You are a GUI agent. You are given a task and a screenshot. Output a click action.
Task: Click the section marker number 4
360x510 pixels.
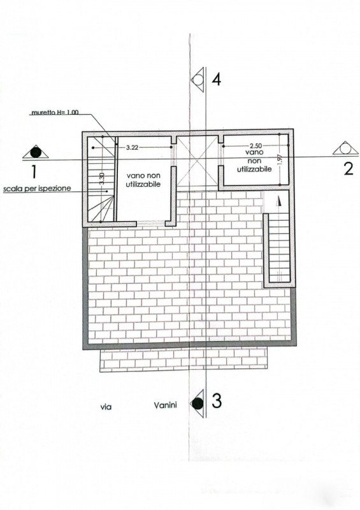coord(217,79)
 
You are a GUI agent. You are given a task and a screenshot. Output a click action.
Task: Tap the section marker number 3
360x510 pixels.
coord(217,401)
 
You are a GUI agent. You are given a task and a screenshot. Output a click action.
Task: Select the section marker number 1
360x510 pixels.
coord(34,171)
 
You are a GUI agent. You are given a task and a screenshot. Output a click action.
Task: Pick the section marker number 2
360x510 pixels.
coord(349,169)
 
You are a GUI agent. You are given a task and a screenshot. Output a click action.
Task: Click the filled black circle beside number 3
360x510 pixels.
coord(197,404)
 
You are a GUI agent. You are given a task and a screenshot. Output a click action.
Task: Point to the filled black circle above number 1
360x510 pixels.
coord(36,152)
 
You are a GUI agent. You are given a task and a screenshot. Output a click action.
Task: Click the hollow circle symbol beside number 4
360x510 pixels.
coord(198,79)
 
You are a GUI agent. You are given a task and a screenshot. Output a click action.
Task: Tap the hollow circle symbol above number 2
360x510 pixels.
coord(346,149)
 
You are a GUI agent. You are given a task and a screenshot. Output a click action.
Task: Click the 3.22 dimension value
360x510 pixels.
coord(133,147)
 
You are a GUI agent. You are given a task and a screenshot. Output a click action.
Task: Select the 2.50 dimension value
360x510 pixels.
coord(256,146)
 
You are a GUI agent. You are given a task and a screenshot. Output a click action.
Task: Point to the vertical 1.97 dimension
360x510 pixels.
coord(281,159)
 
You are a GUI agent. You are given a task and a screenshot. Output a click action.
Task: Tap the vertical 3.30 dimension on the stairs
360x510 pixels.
coord(102,179)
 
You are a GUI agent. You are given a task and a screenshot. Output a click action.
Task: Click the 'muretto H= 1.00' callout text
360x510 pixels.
coord(55,113)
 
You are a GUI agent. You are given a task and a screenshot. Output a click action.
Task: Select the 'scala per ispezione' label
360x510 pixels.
coord(37,188)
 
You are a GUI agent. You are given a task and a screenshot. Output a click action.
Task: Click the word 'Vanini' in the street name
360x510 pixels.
coord(165,405)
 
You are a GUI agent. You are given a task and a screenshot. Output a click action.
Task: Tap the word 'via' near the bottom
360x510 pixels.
coord(106,407)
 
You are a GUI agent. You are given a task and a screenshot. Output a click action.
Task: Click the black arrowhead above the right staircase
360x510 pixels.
coord(278,201)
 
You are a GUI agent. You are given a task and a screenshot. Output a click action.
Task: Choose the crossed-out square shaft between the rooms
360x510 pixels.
coord(197,164)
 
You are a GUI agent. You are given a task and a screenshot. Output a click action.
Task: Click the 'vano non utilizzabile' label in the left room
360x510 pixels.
coord(143,180)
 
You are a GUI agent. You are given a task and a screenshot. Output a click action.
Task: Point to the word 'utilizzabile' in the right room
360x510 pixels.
coord(254,169)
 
